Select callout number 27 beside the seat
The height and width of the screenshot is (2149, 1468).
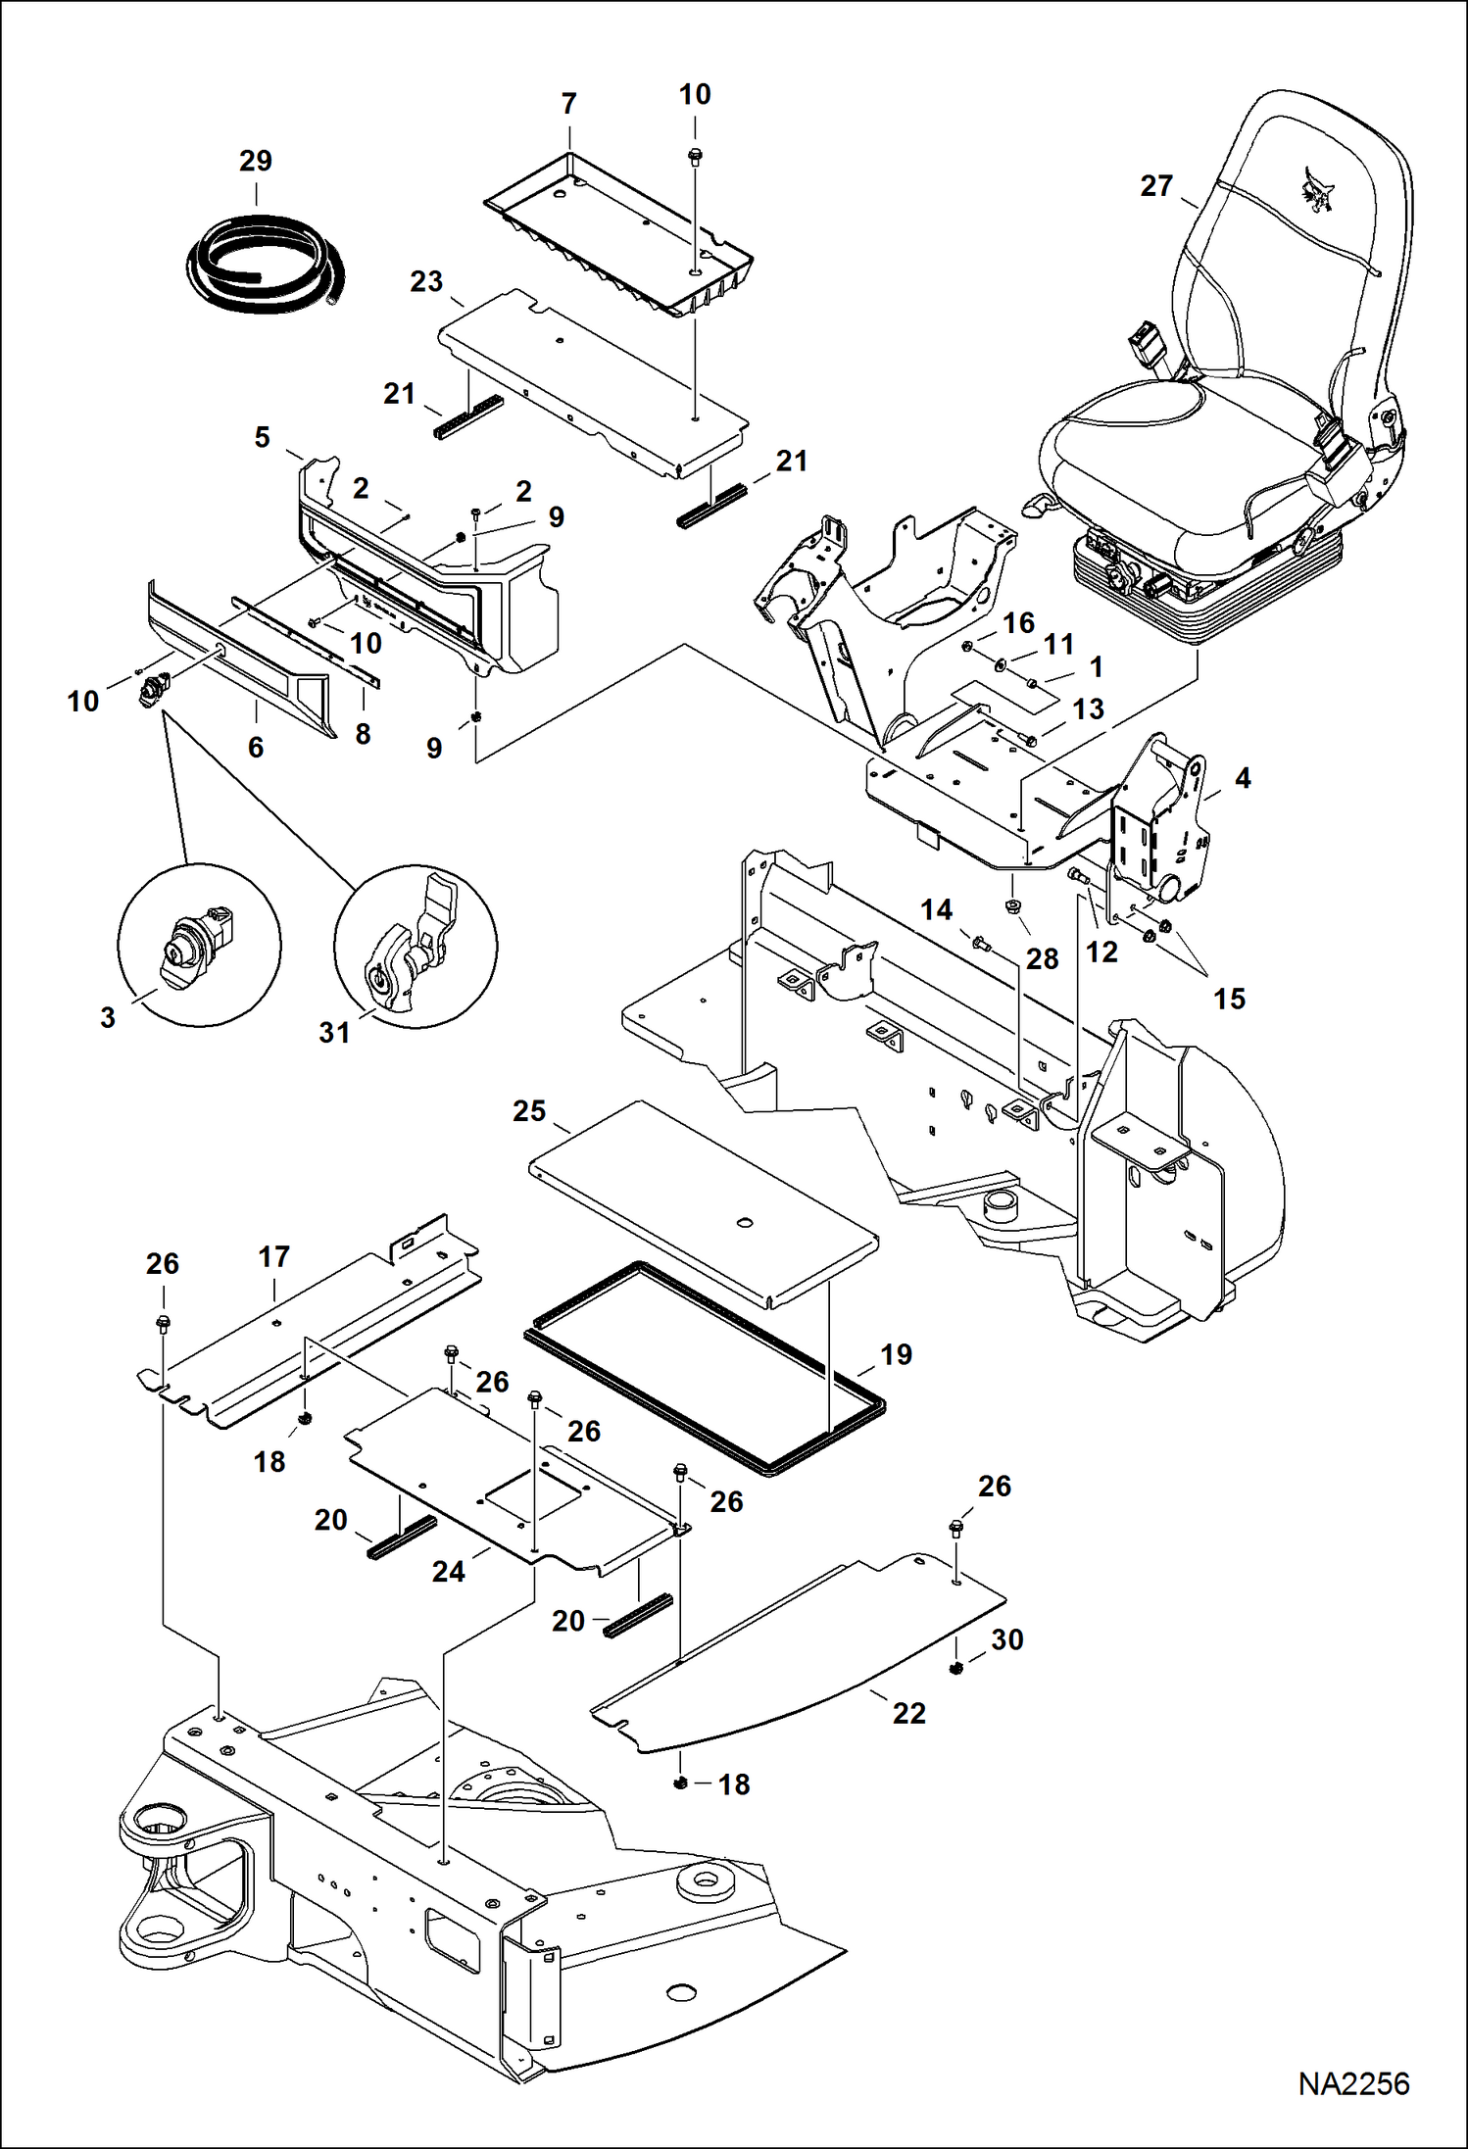pyautogui.click(x=1156, y=185)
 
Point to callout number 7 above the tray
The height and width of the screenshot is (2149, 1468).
pyautogui.click(x=568, y=103)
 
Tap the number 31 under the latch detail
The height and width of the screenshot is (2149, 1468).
pyautogui.click(x=334, y=1032)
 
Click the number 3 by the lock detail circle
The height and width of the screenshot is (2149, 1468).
pyautogui.click(x=108, y=1017)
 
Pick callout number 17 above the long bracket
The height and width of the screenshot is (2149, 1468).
pyautogui.click(x=274, y=1256)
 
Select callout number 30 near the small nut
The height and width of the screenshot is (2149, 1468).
pyautogui.click(x=1007, y=1639)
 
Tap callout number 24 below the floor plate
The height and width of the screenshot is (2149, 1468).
pyautogui.click(x=449, y=1571)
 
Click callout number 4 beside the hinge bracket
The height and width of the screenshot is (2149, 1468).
pyautogui.click(x=1243, y=778)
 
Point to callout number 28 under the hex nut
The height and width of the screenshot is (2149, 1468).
pyautogui.click(x=1042, y=958)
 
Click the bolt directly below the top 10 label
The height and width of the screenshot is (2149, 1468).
pyautogui.click(x=695, y=156)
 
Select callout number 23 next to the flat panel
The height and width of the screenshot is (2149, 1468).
pyautogui.click(x=426, y=282)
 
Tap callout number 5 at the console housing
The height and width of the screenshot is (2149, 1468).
pyautogui.click(x=262, y=437)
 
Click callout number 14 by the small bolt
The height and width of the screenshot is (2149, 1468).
pyautogui.click(x=936, y=909)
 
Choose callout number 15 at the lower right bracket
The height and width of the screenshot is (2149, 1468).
pyautogui.click(x=1229, y=999)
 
